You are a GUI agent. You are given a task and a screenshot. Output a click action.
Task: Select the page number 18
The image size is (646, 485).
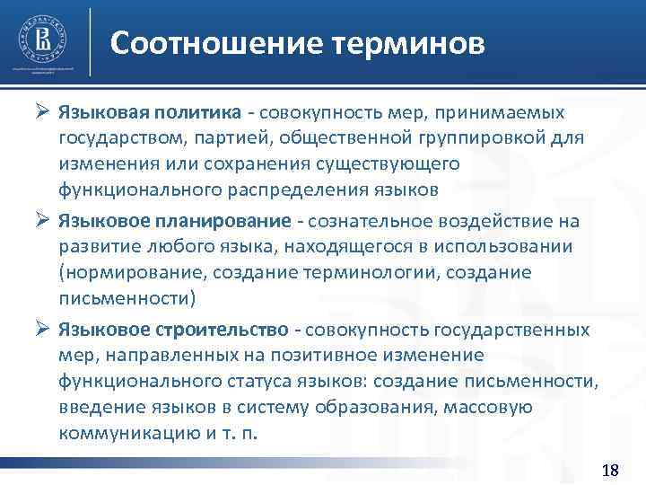(610, 471)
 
